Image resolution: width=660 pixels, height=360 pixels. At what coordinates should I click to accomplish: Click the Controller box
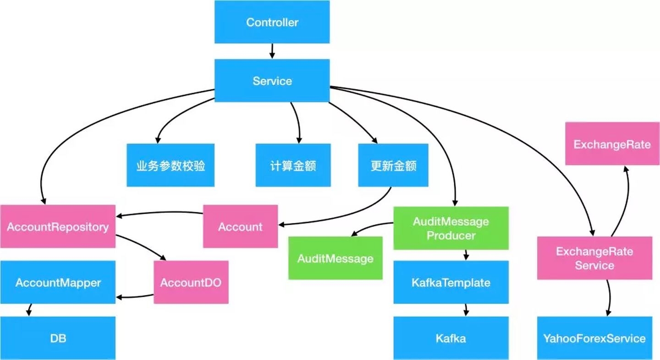click(x=272, y=22)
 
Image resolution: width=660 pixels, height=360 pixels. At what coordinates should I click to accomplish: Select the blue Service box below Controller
click(x=272, y=81)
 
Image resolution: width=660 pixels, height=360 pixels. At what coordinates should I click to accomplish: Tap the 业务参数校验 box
click(x=170, y=166)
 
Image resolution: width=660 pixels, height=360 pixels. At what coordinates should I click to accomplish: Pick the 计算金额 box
click(x=293, y=166)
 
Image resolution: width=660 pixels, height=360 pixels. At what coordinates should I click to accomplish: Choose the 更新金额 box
click(x=393, y=166)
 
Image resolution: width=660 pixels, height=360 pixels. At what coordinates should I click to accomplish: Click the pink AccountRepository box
click(x=58, y=227)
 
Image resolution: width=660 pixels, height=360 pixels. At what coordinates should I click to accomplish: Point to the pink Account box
click(x=240, y=227)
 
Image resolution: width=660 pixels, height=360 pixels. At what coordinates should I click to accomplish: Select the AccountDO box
click(x=191, y=282)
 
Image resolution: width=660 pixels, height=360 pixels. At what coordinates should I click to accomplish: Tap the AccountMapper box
click(x=58, y=282)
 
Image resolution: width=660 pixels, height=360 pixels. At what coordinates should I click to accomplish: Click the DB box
click(x=58, y=338)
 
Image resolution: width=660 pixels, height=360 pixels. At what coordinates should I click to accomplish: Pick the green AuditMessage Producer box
click(x=451, y=228)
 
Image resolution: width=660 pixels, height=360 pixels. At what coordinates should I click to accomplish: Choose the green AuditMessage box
click(x=335, y=258)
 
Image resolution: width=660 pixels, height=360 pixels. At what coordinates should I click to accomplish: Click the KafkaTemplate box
click(x=451, y=282)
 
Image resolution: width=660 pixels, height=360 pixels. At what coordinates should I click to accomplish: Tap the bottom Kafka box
click(x=451, y=338)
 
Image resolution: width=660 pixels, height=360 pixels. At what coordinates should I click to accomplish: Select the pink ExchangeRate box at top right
click(x=612, y=144)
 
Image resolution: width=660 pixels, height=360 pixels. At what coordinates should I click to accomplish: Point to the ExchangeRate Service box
click(x=594, y=258)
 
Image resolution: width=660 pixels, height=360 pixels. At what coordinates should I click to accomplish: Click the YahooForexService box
click(x=594, y=338)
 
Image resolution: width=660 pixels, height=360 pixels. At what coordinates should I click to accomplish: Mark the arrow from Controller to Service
click(x=272, y=51)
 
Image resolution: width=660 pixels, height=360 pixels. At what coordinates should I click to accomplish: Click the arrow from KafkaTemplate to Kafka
click(x=466, y=310)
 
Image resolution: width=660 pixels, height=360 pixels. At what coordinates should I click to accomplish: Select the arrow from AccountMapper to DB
click(x=29, y=310)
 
